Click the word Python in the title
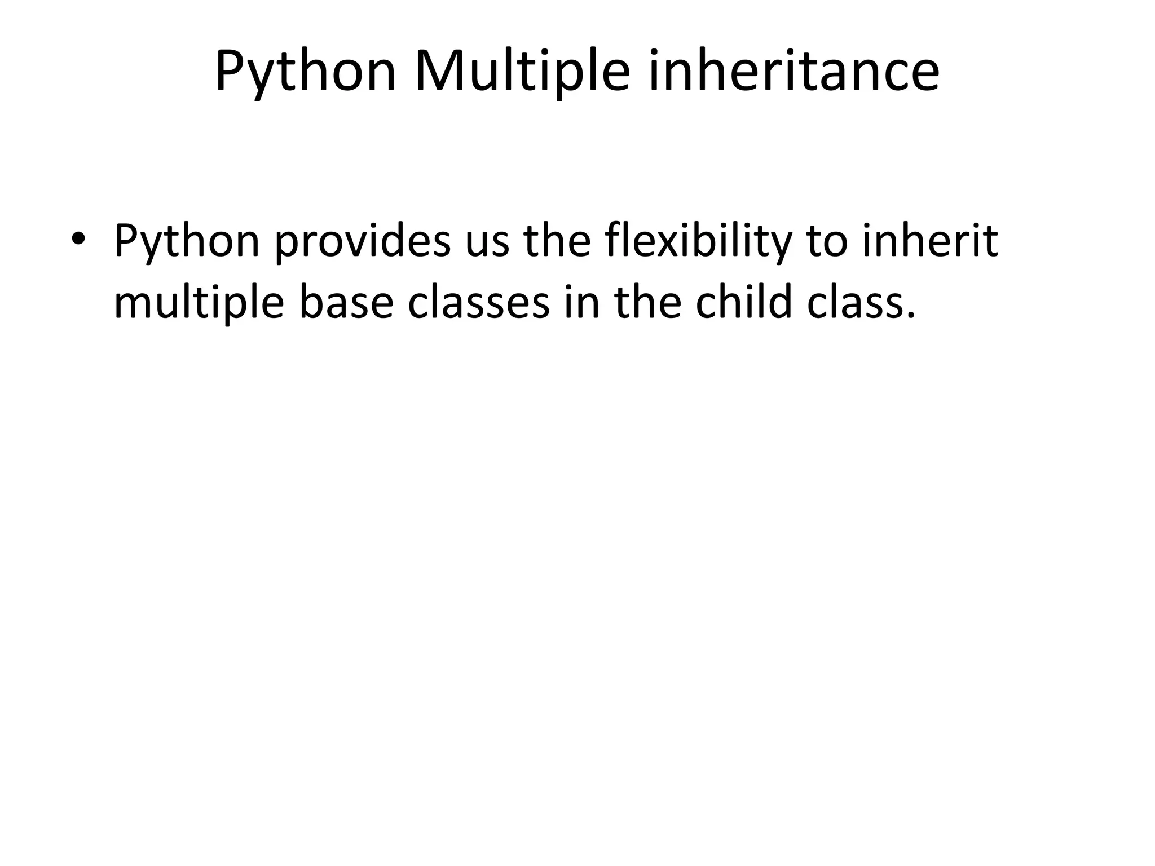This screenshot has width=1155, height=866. [305, 72]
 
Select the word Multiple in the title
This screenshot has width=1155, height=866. [522, 72]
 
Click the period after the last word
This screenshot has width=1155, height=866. [909, 316]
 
